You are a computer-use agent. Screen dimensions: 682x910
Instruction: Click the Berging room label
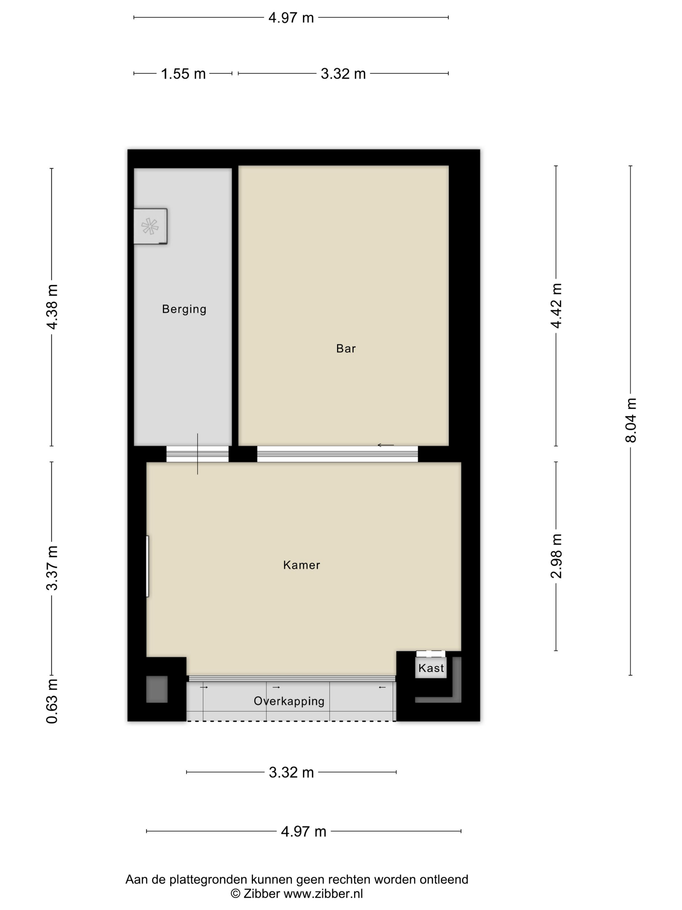[x=184, y=309]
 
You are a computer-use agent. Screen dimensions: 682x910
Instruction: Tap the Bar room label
[x=346, y=348]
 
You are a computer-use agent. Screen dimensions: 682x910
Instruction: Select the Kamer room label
[x=301, y=565]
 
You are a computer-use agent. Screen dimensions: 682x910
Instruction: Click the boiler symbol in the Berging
[x=150, y=226]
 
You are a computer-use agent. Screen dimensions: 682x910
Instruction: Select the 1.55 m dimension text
[x=183, y=74]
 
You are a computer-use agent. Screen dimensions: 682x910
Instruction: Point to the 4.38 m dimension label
[x=52, y=307]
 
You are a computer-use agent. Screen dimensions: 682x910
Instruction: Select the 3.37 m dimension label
[x=52, y=568]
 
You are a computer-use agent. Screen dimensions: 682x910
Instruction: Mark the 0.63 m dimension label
[x=52, y=701]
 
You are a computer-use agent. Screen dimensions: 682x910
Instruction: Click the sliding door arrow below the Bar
[x=385, y=445]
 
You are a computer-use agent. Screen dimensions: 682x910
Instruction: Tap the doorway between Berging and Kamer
[x=197, y=454]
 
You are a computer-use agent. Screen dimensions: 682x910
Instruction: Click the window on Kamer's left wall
[x=147, y=566]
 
